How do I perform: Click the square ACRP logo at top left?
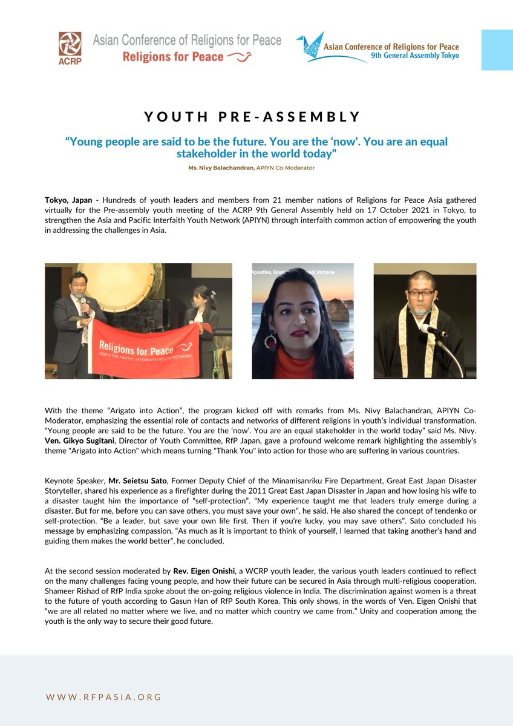70,48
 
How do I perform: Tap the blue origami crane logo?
316,47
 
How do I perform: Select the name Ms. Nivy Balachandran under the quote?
215,167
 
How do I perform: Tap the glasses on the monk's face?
421,294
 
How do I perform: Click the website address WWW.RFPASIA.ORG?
103,697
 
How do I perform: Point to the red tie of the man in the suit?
85,329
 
